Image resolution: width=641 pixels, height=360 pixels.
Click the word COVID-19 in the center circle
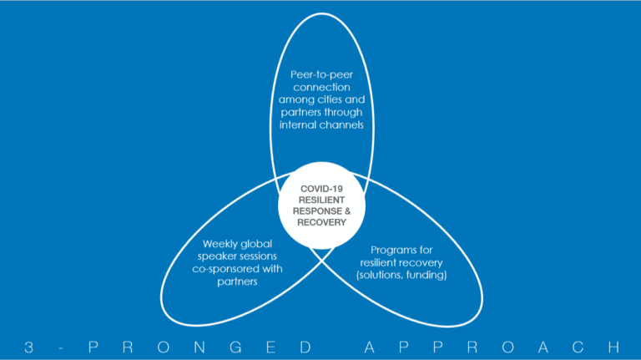pos(321,189)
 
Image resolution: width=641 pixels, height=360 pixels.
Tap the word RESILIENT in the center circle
pos(321,200)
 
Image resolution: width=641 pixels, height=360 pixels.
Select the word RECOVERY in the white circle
pos(321,222)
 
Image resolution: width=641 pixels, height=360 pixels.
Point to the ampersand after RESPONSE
pos(347,211)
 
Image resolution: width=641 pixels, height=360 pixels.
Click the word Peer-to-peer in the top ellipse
pos(321,75)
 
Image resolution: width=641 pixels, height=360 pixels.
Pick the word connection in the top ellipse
pos(321,87)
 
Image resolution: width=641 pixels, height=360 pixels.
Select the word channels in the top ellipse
pos(342,124)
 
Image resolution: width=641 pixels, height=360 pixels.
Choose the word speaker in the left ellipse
pos(216,256)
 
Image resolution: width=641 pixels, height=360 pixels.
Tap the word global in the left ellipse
pos(256,244)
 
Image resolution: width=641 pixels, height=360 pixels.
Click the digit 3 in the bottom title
pos(28,347)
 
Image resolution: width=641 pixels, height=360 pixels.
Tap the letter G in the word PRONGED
pos(236,347)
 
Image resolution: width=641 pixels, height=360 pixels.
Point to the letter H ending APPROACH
pos(613,347)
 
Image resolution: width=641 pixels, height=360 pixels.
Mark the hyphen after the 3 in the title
pos(60,348)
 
